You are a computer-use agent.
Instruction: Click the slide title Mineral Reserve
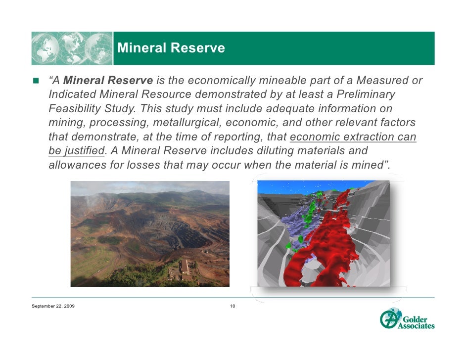coord(171,48)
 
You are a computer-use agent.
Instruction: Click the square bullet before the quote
coord(36,81)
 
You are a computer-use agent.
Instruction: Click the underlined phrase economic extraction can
coord(353,136)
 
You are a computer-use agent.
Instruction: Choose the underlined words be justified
coord(77,150)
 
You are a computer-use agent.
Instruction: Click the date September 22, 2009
coord(53,307)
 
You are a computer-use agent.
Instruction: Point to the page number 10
coord(233,307)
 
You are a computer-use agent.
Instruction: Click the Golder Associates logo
coord(407,319)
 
